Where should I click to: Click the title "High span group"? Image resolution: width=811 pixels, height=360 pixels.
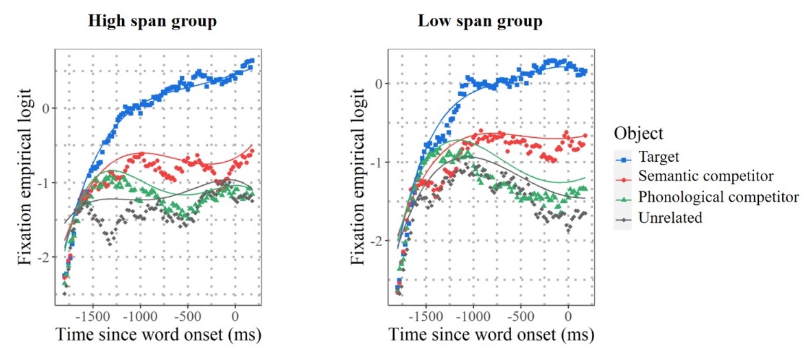pos(152,21)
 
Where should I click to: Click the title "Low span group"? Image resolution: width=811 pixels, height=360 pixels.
pos(480,21)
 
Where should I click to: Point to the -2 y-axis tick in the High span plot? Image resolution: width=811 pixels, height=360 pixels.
pos(45,256)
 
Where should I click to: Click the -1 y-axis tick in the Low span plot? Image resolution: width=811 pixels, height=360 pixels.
pos(377,162)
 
